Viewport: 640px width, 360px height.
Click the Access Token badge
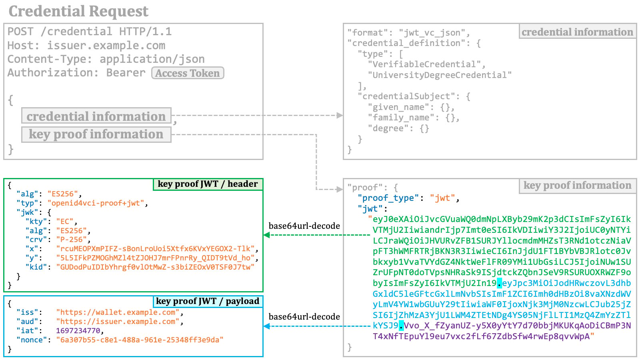click(188, 73)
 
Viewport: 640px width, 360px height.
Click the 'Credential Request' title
click(78, 11)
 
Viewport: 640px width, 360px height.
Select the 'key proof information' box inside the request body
click(96, 134)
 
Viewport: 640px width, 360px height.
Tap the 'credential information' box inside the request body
click(96, 116)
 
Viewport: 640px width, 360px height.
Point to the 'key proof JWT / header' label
click(208, 184)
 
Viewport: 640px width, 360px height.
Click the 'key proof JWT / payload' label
click(208, 301)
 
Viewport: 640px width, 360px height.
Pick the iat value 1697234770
click(78, 330)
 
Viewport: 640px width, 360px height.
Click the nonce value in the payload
click(140, 340)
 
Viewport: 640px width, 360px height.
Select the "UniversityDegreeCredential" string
click(440, 75)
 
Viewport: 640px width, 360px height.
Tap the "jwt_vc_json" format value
click(432, 32)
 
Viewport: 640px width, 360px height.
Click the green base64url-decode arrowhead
click(266, 235)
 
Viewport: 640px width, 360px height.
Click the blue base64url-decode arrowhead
click(266, 326)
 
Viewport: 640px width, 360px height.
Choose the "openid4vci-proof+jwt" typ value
click(96, 203)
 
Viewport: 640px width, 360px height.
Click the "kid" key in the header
click(36, 267)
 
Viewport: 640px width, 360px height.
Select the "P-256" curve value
click(72, 240)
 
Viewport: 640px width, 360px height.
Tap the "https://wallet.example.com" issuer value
click(118, 312)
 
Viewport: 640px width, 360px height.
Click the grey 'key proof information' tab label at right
click(578, 185)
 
